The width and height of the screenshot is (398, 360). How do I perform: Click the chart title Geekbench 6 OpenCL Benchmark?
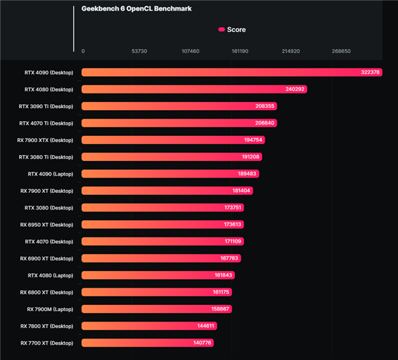[x=136, y=9]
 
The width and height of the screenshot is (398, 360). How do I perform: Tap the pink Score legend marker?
[x=222, y=30]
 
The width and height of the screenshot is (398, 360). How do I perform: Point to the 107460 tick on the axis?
[x=190, y=51]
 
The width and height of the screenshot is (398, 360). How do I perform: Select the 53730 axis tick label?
[x=139, y=51]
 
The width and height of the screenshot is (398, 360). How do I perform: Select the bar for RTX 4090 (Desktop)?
[x=226, y=72]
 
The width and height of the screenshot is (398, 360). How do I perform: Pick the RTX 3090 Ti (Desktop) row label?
[x=46, y=106]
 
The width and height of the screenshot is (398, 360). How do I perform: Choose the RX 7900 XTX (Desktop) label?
[x=45, y=140]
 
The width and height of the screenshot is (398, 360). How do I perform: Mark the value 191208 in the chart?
[x=251, y=157]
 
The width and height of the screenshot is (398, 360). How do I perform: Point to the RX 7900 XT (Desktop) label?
[x=46, y=191]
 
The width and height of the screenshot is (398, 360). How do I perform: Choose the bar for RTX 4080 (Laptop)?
[x=156, y=275]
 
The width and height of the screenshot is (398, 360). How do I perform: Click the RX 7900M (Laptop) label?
[x=50, y=309]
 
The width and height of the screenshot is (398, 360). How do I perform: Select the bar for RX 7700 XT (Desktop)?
[x=146, y=343]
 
